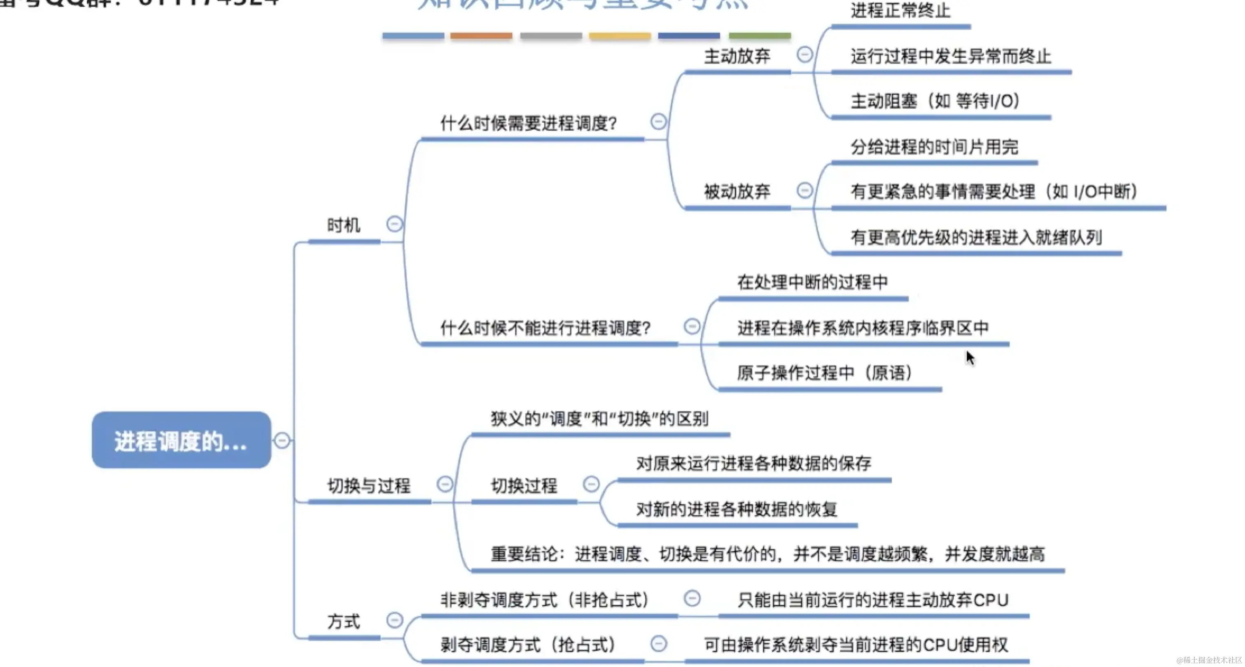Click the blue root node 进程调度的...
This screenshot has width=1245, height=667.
tap(181, 440)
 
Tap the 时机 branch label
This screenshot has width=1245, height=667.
tap(344, 225)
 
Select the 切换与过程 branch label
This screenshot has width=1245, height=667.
tap(369, 485)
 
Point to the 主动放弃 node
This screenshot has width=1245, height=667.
tap(737, 56)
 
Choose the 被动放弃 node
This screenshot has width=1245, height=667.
tap(737, 192)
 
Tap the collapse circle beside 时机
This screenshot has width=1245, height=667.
tap(394, 224)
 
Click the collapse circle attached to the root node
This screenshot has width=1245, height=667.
tap(282, 440)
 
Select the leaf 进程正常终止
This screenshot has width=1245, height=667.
tap(900, 11)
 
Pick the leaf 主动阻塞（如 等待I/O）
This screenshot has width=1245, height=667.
tap(935, 101)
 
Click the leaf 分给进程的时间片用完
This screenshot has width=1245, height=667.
tap(934, 147)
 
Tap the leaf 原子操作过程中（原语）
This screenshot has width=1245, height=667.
tap(825, 373)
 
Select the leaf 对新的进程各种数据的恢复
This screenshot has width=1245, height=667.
tap(737, 509)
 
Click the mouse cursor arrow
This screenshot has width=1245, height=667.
tap(970, 358)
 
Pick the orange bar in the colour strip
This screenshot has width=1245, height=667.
tap(481, 36)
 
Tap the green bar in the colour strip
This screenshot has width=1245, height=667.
tap(760, 36)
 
